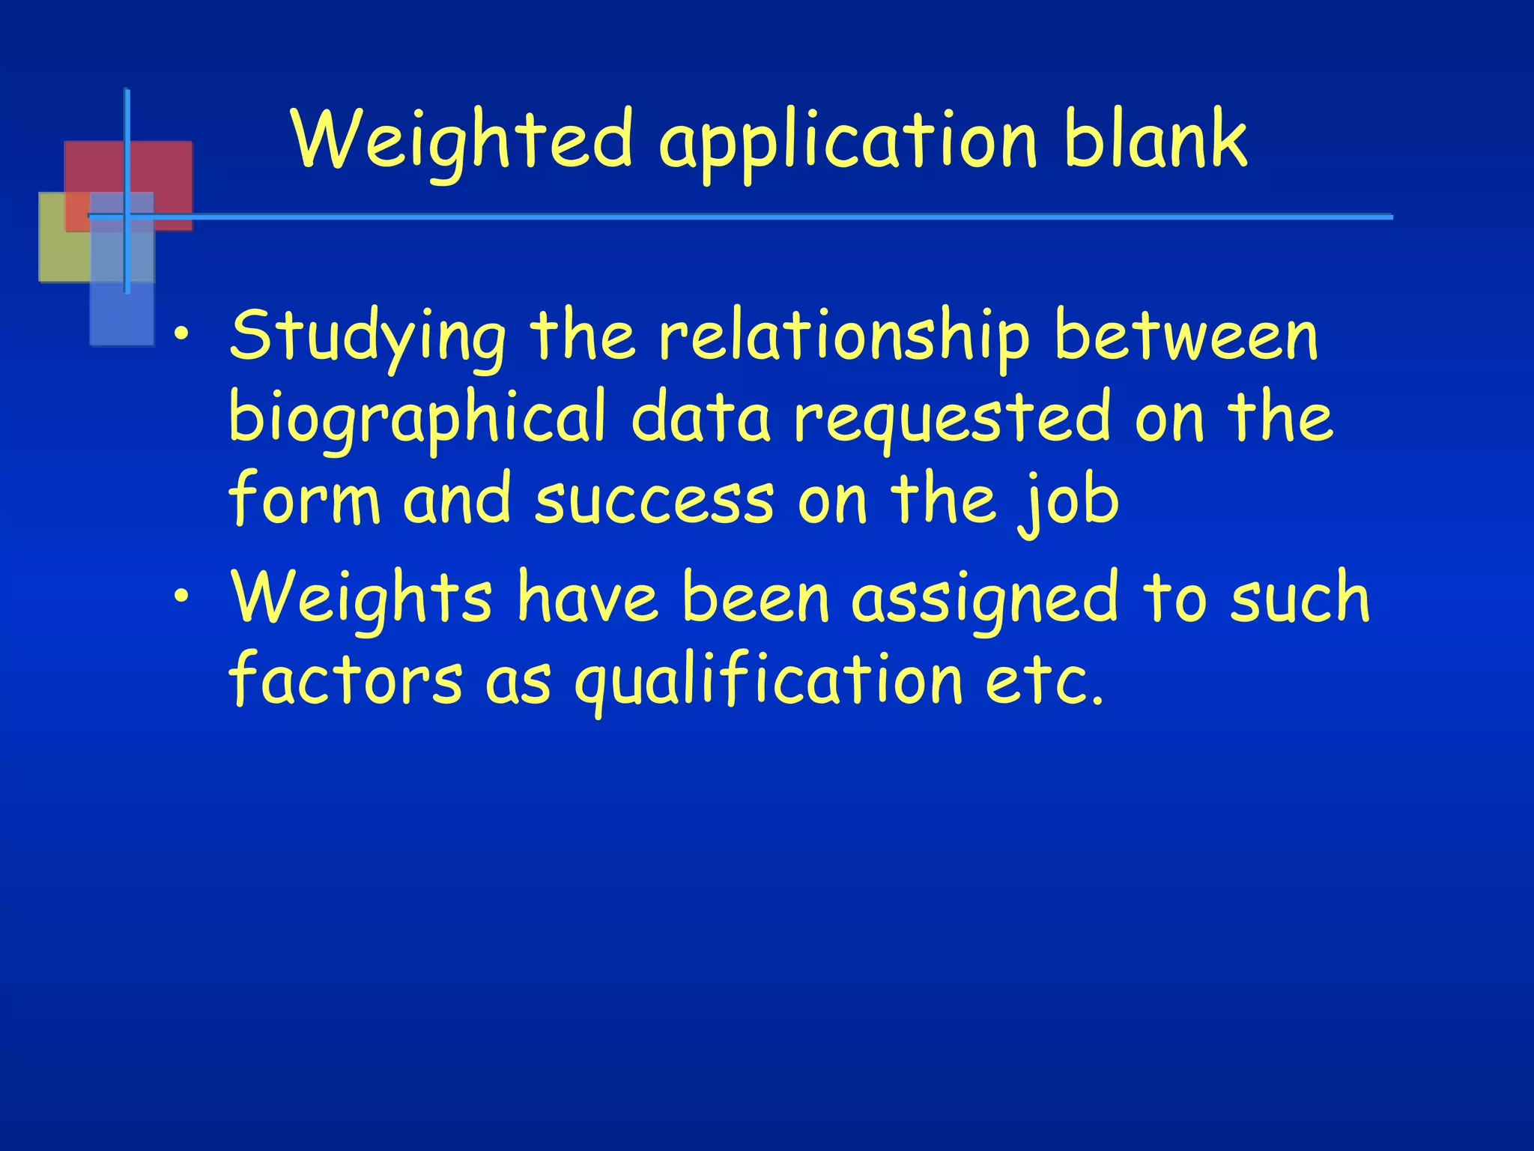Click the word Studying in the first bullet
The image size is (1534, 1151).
(x=368, y=337)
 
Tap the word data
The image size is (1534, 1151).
(x=700, y=418)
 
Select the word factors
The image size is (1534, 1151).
(x=345, y=679)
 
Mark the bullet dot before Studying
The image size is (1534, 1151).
(x=181, y=335)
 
